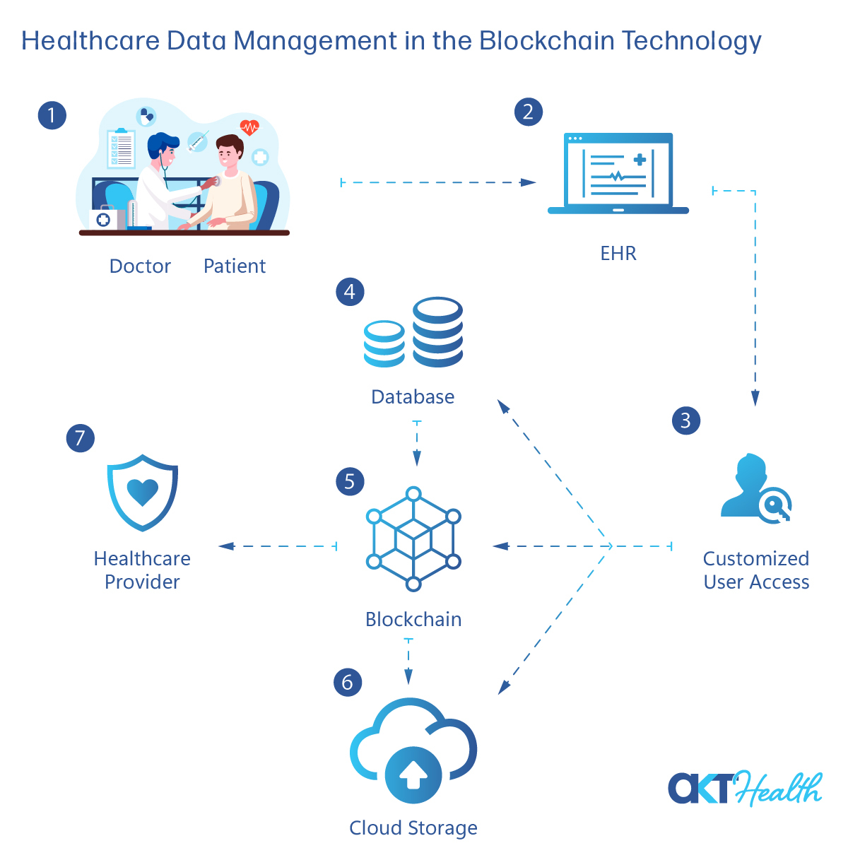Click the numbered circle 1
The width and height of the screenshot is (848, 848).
point(52,115)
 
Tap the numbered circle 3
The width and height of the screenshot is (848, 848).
point(685,420)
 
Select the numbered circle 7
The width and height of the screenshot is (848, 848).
point(80,438)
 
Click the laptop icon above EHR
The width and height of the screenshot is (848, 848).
point(618,173)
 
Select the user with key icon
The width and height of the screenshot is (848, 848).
point(755,488)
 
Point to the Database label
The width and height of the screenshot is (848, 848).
point(413,397)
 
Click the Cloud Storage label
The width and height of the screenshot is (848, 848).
point(413,828)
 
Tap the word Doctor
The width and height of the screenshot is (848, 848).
point(140,266)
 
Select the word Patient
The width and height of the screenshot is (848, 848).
point(235,266)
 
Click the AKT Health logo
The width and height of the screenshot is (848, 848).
point(745,789)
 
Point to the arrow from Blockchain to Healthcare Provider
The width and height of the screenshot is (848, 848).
point(278,546)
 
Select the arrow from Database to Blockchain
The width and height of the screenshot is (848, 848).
point(417,443)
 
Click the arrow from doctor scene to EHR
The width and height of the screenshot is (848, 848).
point(438,182)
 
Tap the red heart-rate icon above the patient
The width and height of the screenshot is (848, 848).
point(249,127)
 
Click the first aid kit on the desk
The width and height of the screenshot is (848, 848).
point(103,218)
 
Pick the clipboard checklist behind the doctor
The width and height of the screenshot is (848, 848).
point(121,148)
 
